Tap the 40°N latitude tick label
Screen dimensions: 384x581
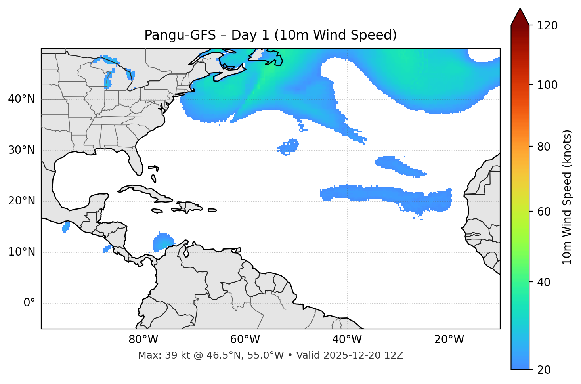click(21, 99)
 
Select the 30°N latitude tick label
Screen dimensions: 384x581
click(21, 150)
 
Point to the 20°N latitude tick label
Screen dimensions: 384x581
click(21, 201)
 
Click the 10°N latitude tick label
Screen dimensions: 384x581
click(21, 252)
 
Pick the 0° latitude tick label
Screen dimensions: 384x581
click(29, 303)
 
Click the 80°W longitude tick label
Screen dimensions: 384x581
click(143, 340)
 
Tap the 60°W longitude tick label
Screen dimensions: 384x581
click(245, 340)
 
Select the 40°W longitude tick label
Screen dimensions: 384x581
click(347, 340)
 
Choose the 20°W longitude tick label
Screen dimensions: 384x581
click(449, 340)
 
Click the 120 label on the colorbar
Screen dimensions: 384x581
click(547, 26)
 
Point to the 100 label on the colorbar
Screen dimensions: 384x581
click(547, 85)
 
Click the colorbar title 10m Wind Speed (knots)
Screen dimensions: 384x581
click(567, 197)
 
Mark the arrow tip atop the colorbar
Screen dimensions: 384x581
click(520, 9)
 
